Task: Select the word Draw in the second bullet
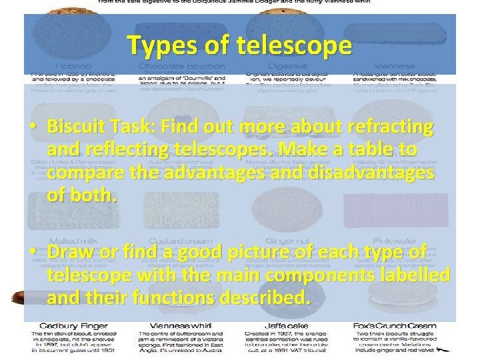pos(69,253)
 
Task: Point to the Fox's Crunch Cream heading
pos(395,325)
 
